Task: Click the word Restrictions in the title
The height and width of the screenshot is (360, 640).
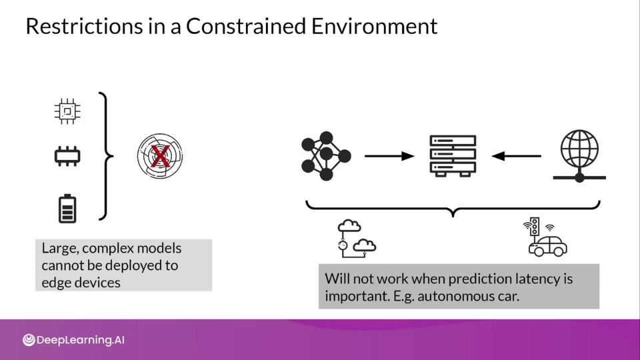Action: pos(84,26)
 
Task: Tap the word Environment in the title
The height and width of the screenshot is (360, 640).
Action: pos(374,26)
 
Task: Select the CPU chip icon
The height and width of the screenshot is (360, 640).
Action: pos(67,111)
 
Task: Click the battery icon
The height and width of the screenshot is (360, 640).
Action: pos(67,209)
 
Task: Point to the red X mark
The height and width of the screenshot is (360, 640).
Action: pos(160,156)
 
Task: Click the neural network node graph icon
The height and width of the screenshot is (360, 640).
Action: pos(326,156)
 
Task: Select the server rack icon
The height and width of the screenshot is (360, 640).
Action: pos(453,156)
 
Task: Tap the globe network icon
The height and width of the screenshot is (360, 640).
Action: pos(579,156)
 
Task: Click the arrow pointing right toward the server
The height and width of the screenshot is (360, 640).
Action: pos(389,156)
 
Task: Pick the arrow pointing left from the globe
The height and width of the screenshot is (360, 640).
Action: pos(516,156)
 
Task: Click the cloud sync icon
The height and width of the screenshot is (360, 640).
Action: pos(357,239)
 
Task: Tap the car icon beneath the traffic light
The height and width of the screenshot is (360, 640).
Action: pos(548,246)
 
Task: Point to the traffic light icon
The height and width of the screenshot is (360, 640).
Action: pos(534,226)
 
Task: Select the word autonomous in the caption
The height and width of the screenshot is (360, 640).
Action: pos(457,296)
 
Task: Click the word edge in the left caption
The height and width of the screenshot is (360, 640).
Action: pos(54,283)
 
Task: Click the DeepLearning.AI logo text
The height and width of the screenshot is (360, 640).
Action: pos(81,340)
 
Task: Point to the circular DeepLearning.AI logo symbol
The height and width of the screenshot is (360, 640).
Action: pos(29,340)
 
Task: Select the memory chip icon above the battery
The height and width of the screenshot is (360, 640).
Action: pos(67,156)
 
